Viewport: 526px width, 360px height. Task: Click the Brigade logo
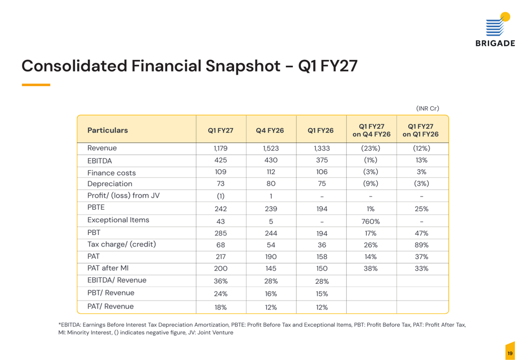click(x=495, y=29)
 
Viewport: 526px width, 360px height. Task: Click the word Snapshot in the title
click(x=243, y=66)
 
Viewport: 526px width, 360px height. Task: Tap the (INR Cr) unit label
click(x=427, y=108)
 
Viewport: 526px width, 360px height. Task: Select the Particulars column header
click(x=108, y=130)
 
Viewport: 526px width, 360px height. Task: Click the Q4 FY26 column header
click(x=270, y=130)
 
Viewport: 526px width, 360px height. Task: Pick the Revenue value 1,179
click(x=220, y=148)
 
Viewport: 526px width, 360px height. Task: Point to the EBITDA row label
click(x=99, y=161)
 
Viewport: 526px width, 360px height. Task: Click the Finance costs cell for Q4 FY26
click(x=271, y=172)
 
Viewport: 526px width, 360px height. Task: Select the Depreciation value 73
click(x=220, y=184)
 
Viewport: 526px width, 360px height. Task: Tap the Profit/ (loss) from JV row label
click(x=124, y=196)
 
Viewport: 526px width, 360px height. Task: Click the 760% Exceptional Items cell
click(x=371, y=222)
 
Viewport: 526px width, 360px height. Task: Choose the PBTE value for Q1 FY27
click(x=221, y=209)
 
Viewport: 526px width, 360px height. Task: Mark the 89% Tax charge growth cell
click(x=421, y=245)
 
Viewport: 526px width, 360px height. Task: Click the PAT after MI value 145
click(x=271, y=269)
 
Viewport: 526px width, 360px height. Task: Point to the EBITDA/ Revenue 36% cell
click(x=221, y=281)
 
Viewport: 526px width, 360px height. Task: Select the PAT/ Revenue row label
click(x=110, y=306)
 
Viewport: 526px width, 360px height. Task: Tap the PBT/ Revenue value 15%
click(x=322, y=294)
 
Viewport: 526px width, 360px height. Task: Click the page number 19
click(x=510, y=353)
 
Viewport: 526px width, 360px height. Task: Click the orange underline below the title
click(x=36, y=85)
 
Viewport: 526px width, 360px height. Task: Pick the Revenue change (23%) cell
click(x=371, y=148)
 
